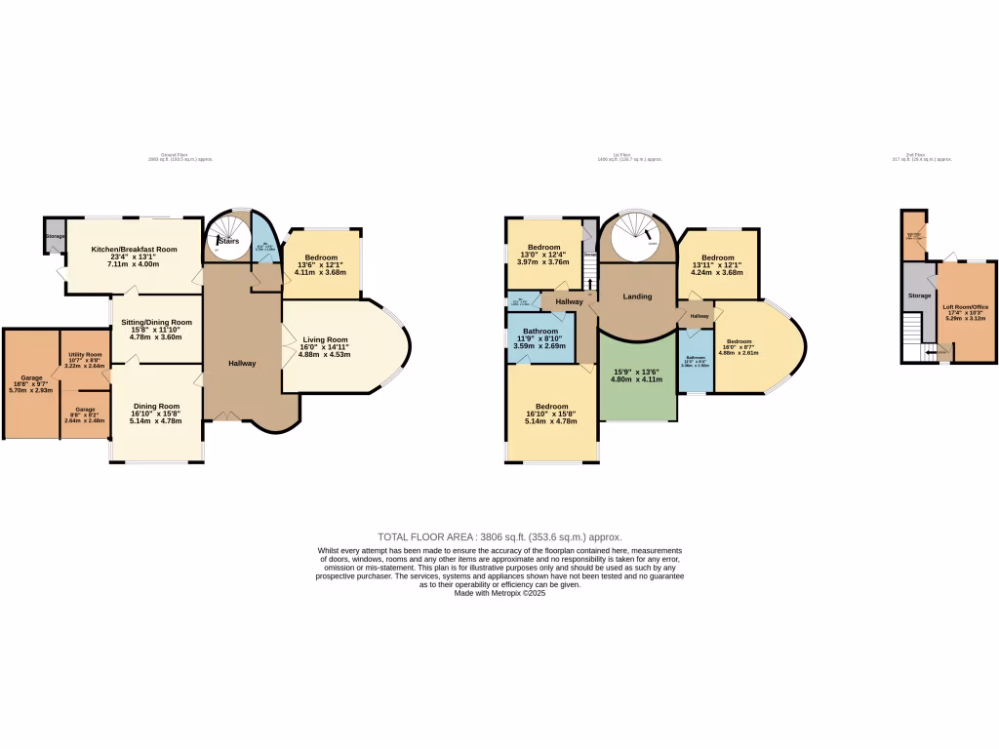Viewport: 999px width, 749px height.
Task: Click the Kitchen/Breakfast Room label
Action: click(x=134, y=250)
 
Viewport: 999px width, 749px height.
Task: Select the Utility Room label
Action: click(x=84, y=355)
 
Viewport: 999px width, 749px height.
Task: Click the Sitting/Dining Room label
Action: click(x=156, y=322)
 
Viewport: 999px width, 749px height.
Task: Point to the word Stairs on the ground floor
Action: click(x=227, y=240)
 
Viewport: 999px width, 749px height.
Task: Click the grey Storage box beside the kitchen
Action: click(x=55, y=236)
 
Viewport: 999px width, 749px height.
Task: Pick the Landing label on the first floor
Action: click(x=638, y=296)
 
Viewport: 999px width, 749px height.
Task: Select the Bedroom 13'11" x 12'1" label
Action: click(x=717, y=258)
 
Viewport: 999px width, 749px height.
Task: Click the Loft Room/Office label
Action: click(x=966, y=307)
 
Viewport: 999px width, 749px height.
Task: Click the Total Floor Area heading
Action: click(x=499, y=537)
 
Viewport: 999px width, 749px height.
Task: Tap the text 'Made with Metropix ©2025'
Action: click(x=499, y=593)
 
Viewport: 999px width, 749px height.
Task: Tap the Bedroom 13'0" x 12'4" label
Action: click(x=543, y=248)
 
